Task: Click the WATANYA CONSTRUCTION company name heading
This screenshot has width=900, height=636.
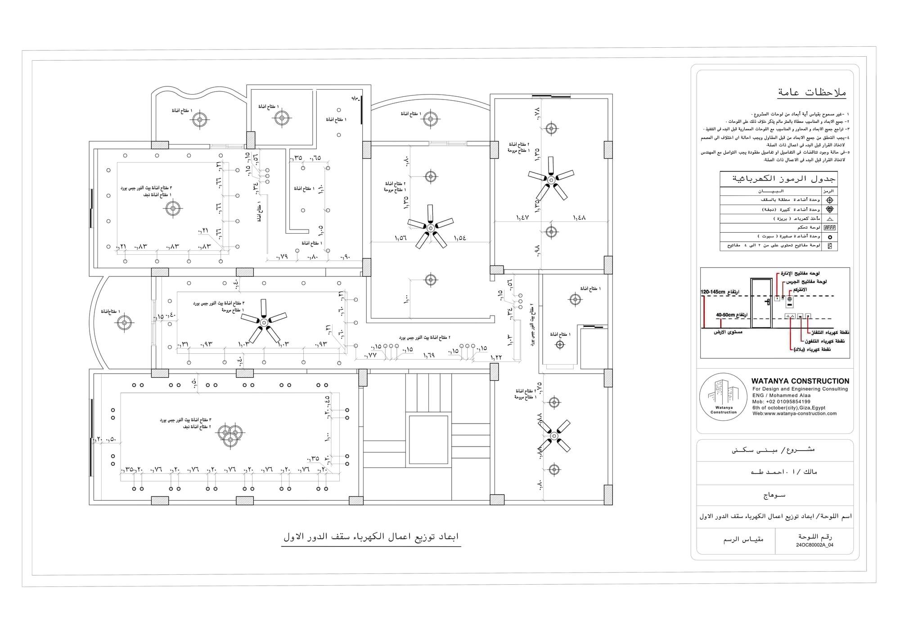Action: (x=800, y=381)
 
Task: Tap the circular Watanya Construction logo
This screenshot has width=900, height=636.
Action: (x=724, y=397)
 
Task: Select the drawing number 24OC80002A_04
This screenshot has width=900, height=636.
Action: (x=814, y=545)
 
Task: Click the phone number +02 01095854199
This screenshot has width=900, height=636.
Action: (x=781, y=401)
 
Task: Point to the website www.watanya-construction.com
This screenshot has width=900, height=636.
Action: (x=794, y=414)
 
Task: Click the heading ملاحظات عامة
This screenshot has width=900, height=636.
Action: (x=812, y=93)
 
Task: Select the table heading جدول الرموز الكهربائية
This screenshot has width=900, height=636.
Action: (x=784, y=179)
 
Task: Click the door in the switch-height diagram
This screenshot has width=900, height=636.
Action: (x=761, y=303)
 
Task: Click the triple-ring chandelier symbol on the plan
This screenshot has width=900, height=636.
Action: (x=230, y=433)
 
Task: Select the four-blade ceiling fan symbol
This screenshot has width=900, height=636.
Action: (x=554, y=436)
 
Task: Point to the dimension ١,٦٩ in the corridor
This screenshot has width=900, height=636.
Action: (x=429, y=356)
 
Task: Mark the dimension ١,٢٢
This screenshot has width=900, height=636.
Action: (x=496, y=357)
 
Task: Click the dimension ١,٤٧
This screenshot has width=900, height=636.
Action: (x=522, y=218)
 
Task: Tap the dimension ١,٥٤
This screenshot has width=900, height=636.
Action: (x=460, y=238)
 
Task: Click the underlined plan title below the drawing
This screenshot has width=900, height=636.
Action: (x=371, y=537)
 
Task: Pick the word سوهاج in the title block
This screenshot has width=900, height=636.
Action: (x=774, y=495)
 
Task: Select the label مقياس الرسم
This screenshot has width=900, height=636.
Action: (x=743, y=540)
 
